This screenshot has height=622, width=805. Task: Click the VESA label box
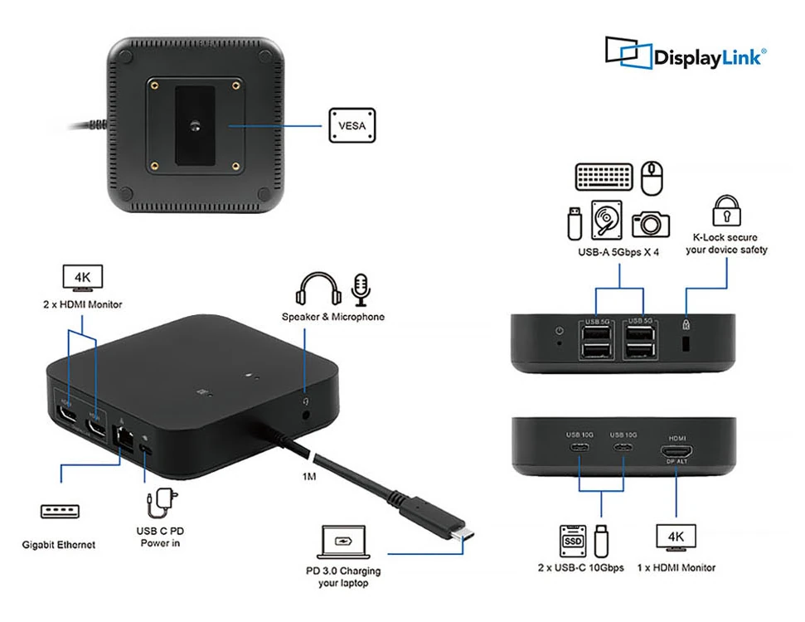click(352, 126)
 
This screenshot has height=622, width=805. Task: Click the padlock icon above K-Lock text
click(726, 211)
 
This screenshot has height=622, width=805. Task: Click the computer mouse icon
click(654, 177)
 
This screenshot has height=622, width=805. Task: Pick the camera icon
click(651, 222)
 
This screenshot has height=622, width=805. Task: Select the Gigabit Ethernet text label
click(59, 545)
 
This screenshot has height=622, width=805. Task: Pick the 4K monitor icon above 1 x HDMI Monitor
click(676, 537)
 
